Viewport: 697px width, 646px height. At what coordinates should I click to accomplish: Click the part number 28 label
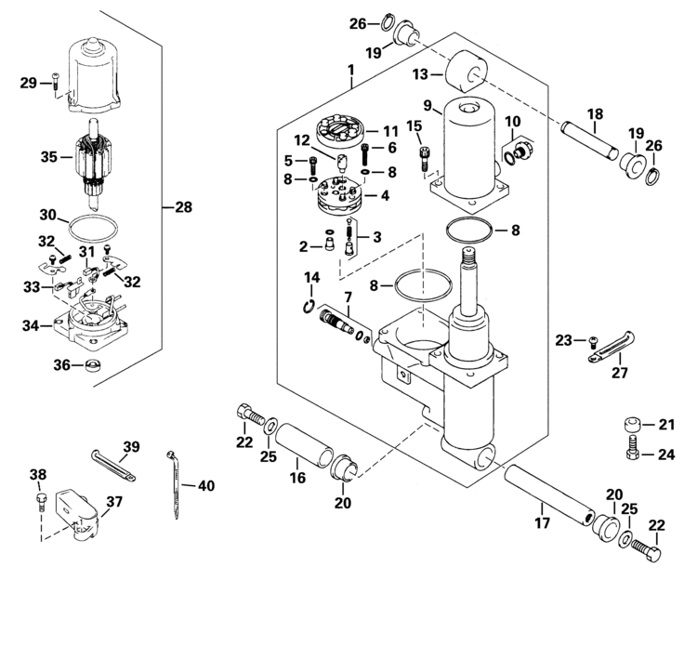[x=184, y=206]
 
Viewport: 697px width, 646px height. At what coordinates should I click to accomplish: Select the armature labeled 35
[x=93, y=165]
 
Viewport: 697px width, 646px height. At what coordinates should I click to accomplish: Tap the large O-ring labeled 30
[x=93, y=229]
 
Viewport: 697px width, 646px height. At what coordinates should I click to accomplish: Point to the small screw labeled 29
[x=55, y=83]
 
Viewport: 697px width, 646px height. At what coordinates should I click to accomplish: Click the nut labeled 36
[x=92, y=365]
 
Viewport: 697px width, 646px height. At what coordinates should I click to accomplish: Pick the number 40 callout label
[x=205, y=485]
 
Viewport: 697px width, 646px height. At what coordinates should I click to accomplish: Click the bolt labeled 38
[x=41, y=500]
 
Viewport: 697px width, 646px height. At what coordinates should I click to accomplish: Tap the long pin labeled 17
[x=548, y=494]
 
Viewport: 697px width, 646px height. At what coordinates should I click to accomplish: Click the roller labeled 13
[x=467, y=72]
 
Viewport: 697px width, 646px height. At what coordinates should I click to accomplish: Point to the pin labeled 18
[x=589, y=141]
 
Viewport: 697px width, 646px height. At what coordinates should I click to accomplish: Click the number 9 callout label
[x=427, y=106]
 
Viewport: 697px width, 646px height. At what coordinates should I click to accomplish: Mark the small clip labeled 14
[x=309, y=307]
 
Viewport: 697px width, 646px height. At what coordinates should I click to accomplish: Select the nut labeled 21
[x=633, y=424]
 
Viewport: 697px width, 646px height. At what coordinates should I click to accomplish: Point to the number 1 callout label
[x=351, y=71]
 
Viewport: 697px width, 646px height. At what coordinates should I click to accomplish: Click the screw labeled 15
[x=425, y=159]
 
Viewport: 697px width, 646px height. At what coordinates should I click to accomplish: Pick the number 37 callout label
[x=114, y=502]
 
